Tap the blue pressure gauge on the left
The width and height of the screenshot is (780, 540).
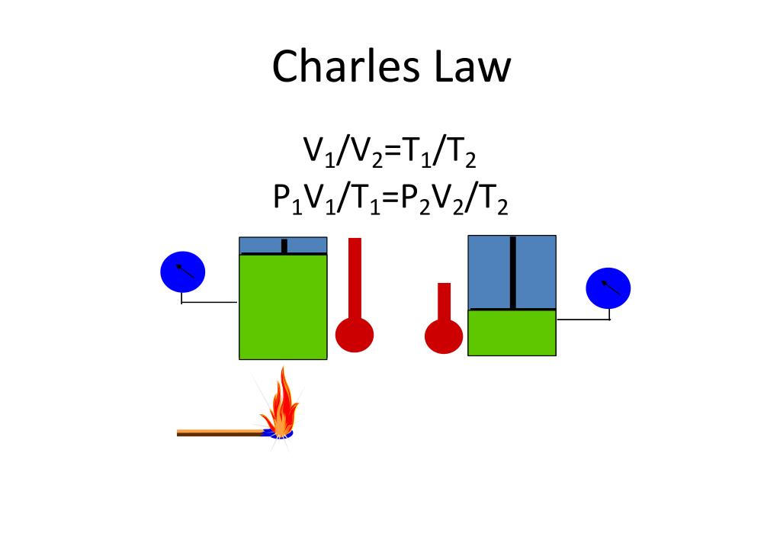point(182,271)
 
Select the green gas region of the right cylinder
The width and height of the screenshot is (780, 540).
point(512,333)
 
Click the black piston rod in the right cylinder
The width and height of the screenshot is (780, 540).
point(512,272)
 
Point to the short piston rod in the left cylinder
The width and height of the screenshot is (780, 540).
point(284,246)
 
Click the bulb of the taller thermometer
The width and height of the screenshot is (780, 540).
point(355,333)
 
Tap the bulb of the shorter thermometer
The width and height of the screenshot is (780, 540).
point(444,336)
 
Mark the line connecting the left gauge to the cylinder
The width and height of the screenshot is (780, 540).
point(210,303)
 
